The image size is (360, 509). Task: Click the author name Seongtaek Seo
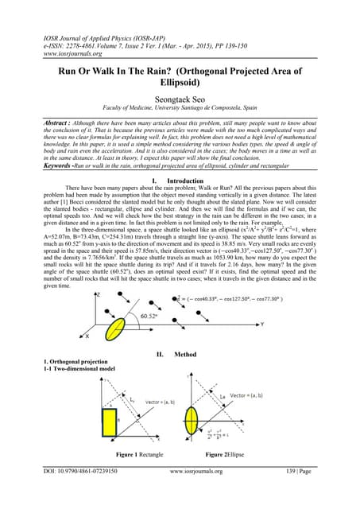(179, 91)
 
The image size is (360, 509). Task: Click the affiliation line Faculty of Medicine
(179, 104)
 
